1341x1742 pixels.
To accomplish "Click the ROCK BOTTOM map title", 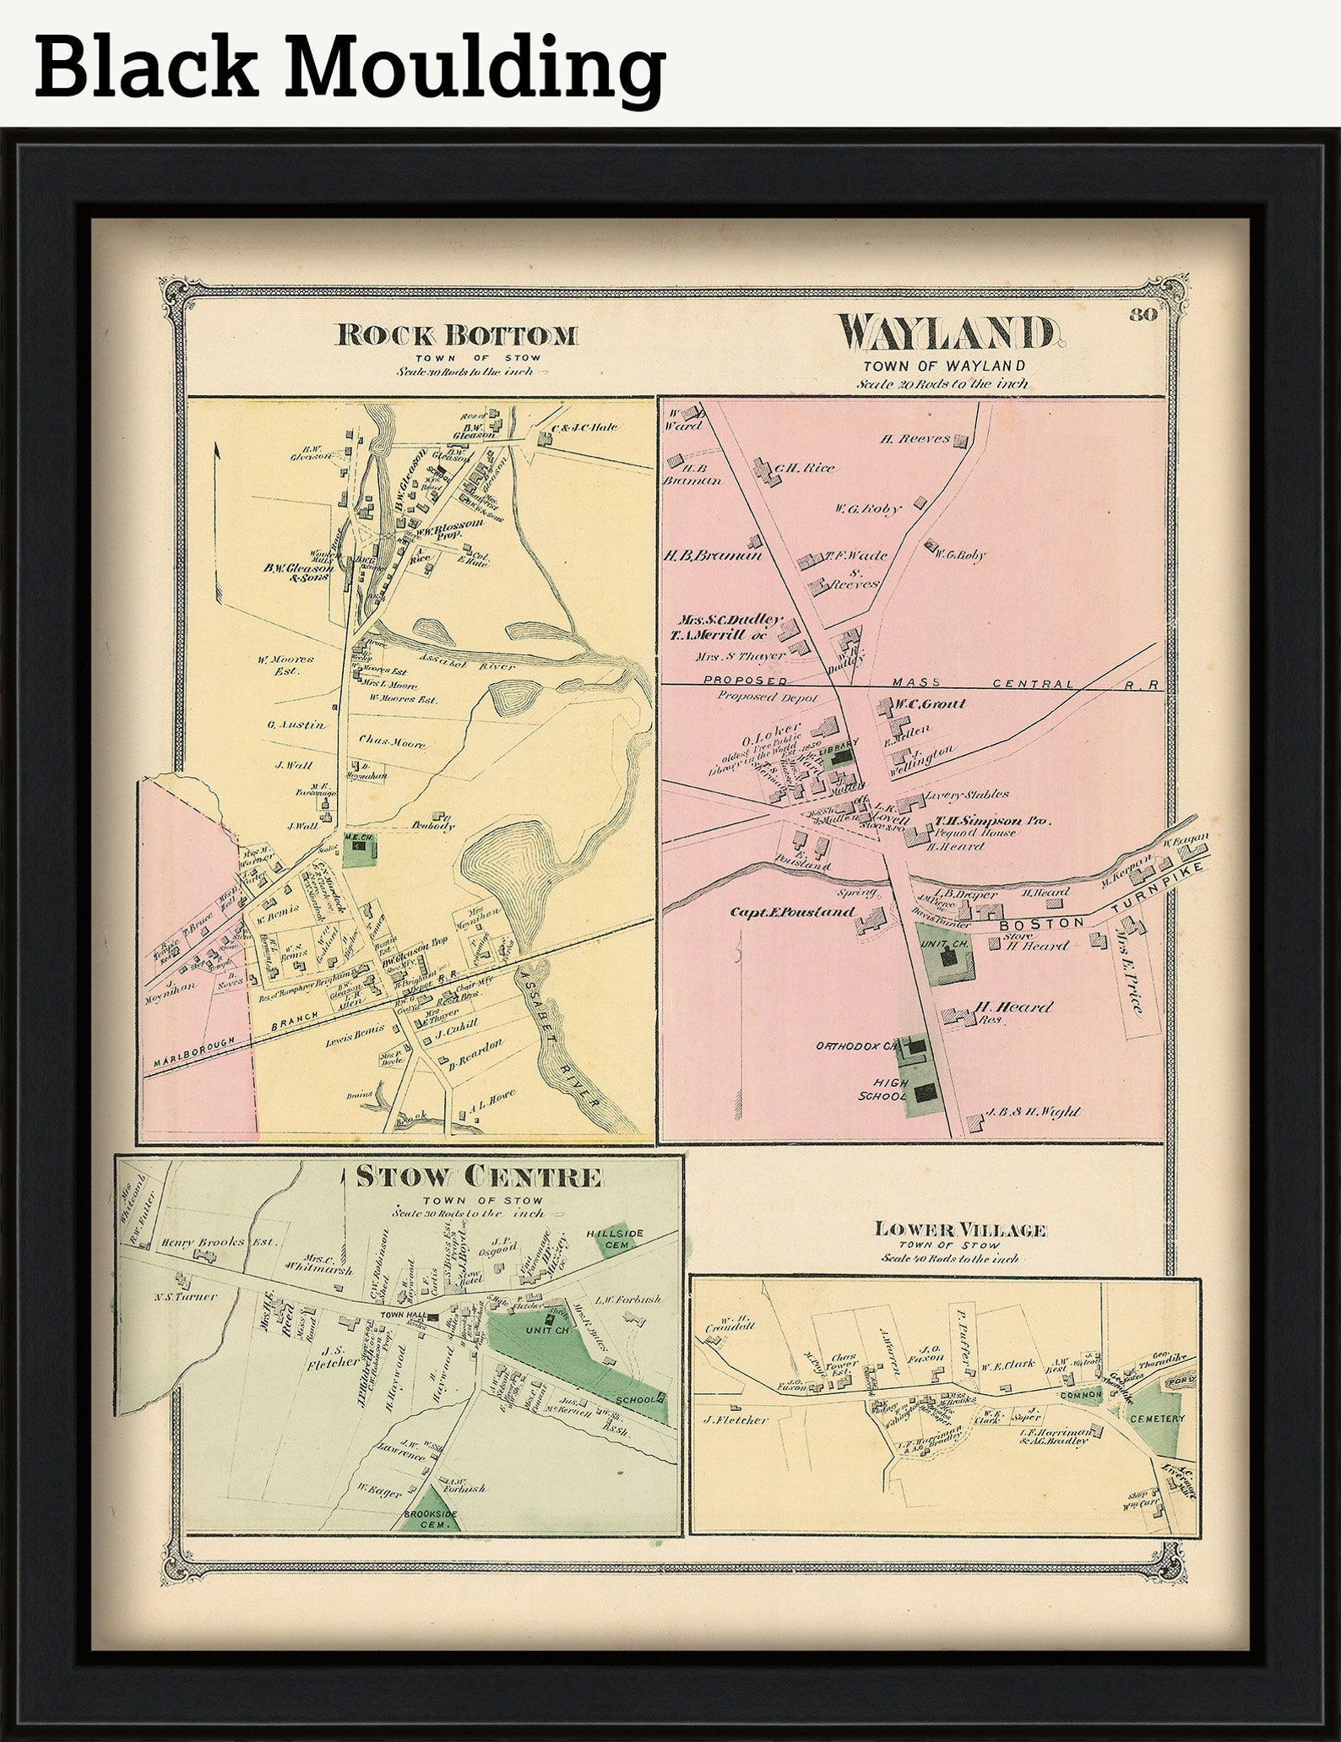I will pos(457,335).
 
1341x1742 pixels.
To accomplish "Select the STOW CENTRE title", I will pos(479,1177).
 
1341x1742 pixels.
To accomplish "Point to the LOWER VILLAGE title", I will pos(960,1230).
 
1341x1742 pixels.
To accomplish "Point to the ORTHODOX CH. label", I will pos(855,1046).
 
